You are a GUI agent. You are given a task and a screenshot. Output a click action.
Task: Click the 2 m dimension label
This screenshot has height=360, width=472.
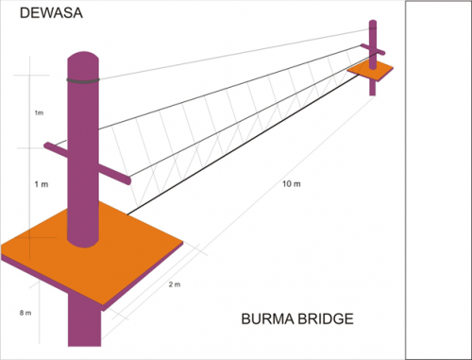coord(174,284)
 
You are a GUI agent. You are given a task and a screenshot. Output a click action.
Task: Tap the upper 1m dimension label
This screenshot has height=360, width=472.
coord(39,113)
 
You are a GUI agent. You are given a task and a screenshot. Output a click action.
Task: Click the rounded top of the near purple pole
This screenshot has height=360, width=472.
coord(83,59)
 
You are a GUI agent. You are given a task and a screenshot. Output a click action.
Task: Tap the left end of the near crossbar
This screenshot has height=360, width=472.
coord(49,146)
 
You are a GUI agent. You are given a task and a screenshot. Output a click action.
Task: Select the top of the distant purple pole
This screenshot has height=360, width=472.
coord(373,23)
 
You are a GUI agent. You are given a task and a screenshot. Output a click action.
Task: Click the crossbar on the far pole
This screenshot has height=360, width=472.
coord(373,49)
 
